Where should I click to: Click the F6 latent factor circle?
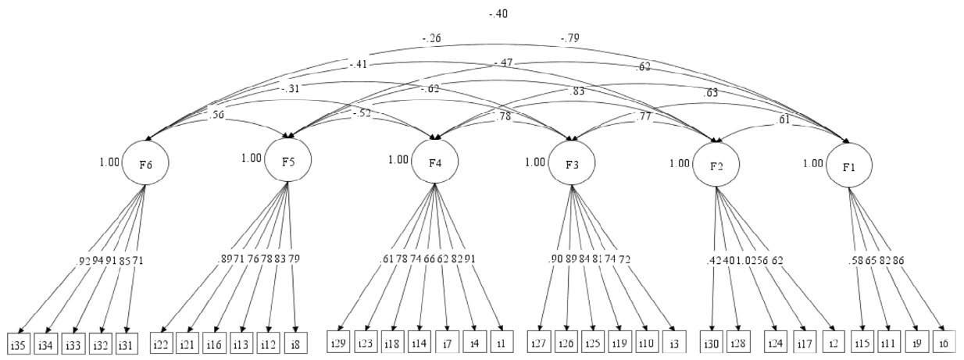coord(145,163)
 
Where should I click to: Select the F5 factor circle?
coord(288,159)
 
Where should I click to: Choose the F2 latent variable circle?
coord(716,166)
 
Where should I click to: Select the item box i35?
coord(19,343)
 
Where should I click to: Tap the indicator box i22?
coord(162,343)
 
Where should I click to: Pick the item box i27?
coord(547,344)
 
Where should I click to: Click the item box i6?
coord(943,344)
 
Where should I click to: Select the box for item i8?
coord(295,343)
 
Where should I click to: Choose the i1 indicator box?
coord(500,343)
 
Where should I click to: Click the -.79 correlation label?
coord(569,37)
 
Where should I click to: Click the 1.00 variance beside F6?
coord(110,162)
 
